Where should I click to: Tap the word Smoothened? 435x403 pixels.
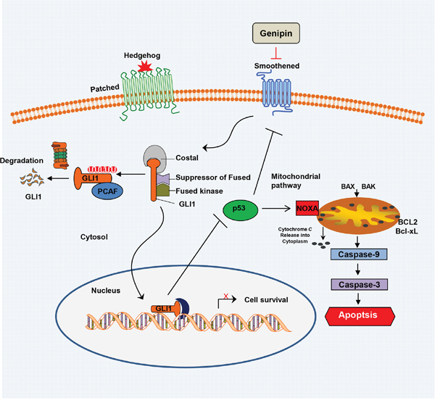(276, 67)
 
